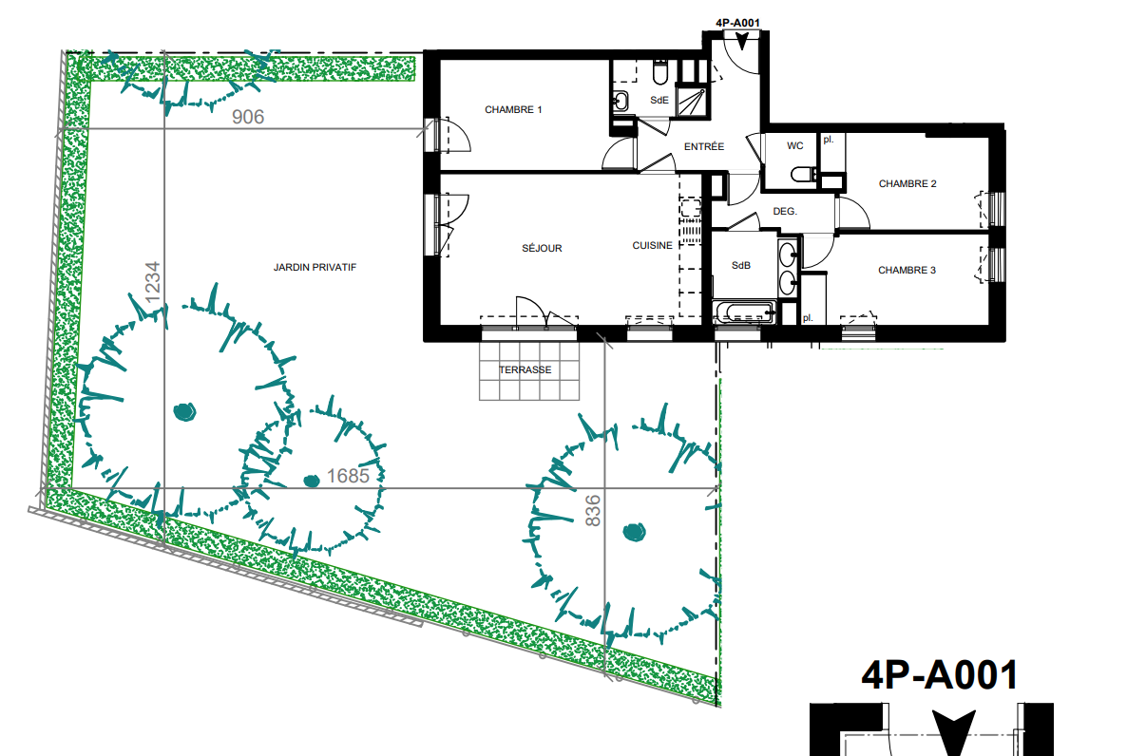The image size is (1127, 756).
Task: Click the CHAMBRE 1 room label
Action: tap(513, 110)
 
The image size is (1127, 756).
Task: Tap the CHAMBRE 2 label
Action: tap(907, 184)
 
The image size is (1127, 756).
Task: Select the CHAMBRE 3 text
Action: tap(907, 271)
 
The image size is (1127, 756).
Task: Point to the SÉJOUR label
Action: tap(542, 248)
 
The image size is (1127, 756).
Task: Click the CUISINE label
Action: tap(653, 246)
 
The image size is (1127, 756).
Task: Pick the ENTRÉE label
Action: tap(704, 146)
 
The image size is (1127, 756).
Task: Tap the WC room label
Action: tap(795, 146)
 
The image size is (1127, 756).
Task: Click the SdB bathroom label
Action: tap(741, 265)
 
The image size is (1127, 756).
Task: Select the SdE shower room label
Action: tap(659, 100)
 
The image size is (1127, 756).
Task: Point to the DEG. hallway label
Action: tap(785, 211)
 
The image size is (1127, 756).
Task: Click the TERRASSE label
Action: tap(525, 370)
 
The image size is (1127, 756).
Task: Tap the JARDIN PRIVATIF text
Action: tap(315, 267)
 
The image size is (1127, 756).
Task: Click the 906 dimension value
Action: tap(248, 117)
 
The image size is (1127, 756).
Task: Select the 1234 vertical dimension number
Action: tap(152, 282)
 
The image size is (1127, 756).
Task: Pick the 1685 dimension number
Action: tap(348, 476)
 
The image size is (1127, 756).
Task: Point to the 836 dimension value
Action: tap(592, 511)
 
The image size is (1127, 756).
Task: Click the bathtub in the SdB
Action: tap(744, 312)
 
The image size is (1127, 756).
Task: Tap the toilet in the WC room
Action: tap(804, 174)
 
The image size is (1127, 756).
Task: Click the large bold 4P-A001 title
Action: tap(940, 675)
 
